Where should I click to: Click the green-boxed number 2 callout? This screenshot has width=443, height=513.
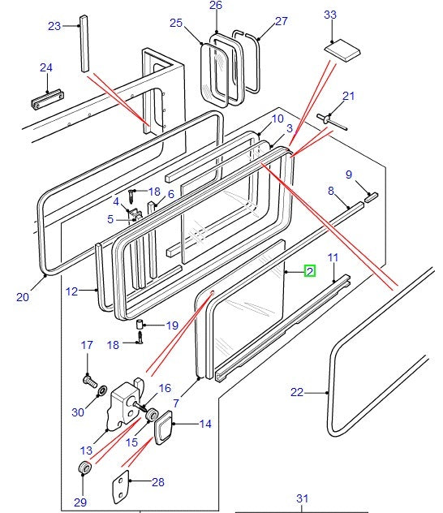pos(310,271)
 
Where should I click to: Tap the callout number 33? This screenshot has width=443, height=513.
pos(330,15)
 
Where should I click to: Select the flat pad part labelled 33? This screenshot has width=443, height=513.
pos(342,50)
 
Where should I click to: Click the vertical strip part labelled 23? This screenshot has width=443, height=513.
pos(84,43)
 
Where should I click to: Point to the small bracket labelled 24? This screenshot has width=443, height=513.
pos(47,100)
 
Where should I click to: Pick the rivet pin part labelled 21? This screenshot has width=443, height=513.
pos(332,122)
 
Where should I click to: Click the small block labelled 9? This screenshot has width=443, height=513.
pos(371,197)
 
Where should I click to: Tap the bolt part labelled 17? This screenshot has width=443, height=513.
pos(91,382)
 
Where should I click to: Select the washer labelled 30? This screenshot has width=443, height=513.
pos(103,390)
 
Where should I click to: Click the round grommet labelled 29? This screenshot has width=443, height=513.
pos(84,468)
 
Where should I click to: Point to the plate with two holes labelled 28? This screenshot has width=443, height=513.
pos(121,487)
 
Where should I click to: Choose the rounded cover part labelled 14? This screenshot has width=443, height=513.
pos(163,427)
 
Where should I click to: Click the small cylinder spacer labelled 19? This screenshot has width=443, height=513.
pos(140,325)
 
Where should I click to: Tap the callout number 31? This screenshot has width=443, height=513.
pos(303,498)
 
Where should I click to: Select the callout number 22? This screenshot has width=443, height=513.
pos(297,392)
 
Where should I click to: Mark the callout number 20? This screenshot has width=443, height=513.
pos(23,297)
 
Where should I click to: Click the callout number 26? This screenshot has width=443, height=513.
pos(216,5)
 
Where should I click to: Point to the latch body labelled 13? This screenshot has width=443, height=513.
pos(125,406)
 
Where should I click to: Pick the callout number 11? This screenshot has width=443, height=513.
pos(333,258)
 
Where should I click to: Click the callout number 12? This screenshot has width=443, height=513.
pos(71,291)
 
